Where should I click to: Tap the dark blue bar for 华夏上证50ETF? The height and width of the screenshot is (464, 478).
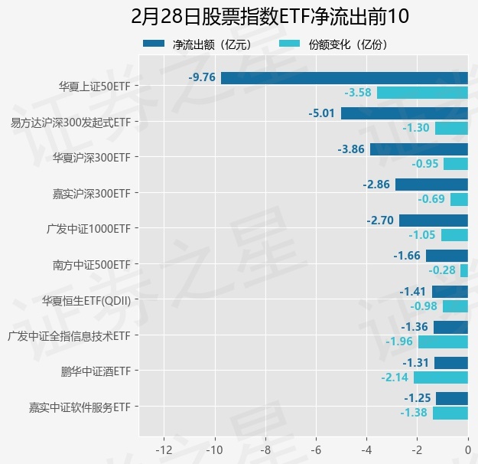[344, 77]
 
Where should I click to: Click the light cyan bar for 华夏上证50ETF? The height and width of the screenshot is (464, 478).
[422, 93]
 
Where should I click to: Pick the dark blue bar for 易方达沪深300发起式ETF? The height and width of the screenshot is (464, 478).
[405, 113]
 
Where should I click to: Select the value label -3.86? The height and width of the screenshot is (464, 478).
[352, 149]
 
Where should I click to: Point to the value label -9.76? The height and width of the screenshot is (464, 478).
[203, 77]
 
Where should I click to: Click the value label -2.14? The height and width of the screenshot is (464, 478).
[395, 377]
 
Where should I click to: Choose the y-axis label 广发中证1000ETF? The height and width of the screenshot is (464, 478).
[89, 229]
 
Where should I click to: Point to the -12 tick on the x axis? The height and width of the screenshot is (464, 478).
[163, 448]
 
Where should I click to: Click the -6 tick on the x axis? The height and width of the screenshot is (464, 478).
[316, 448]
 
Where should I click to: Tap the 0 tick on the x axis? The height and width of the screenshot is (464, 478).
[467, 448]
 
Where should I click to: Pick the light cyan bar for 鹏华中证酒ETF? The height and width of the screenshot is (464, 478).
[441, 377]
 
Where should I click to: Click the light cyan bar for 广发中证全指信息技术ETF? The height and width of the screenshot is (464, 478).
[443, 341]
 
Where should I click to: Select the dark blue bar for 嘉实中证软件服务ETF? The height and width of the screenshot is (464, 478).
[452, 398]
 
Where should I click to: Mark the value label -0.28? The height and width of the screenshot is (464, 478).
[442, 270]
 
